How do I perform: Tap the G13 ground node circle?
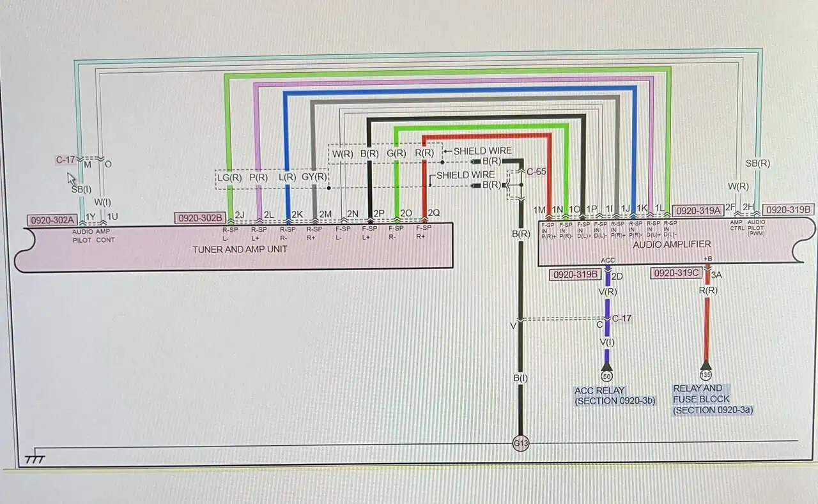pos(520,443)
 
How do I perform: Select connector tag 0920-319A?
pos(698,210)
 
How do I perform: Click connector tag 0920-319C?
pos(677,273)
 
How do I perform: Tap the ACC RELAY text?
pos(599,390)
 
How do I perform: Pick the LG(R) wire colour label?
pos(228,178)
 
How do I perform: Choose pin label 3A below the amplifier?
pos(716,275)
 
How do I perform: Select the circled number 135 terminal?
pos(706,375)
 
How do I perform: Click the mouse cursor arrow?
pos(72,178)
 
